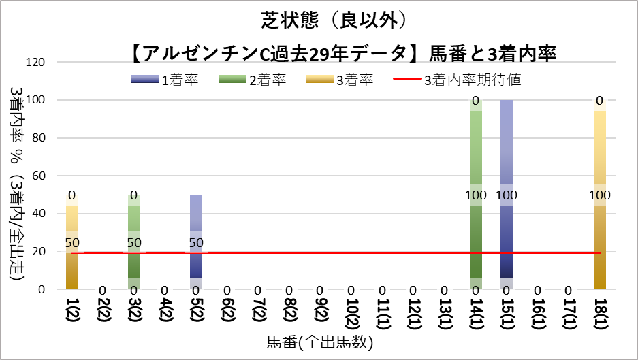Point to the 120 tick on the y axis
(35, 63)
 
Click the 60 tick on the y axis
(38, 176)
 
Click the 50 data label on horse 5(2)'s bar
(195, 242)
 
